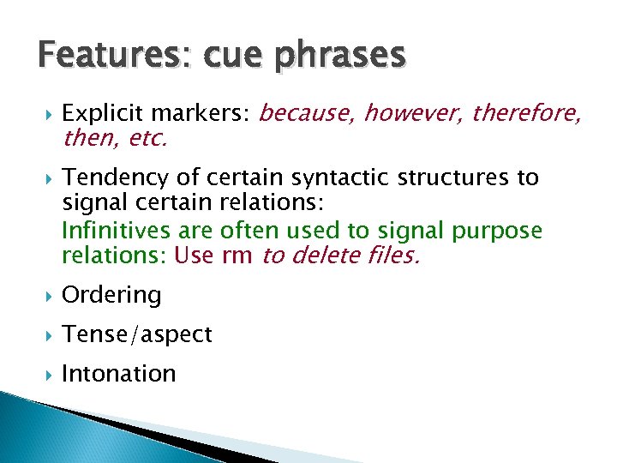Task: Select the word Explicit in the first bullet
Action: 95,112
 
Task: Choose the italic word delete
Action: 330,256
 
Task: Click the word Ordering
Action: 111,295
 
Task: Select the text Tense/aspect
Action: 137,334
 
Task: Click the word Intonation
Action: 118,374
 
